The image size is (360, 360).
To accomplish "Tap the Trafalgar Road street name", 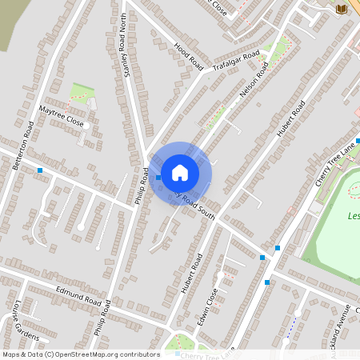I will coord(237,62).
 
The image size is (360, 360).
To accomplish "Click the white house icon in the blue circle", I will coord(180,173).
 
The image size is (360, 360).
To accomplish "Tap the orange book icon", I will coord(342,8).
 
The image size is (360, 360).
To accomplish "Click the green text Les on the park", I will coord(354,216).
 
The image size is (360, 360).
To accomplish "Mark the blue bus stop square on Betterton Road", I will coord(40,170).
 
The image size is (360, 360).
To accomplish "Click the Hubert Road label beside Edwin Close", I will coord(192,274).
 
